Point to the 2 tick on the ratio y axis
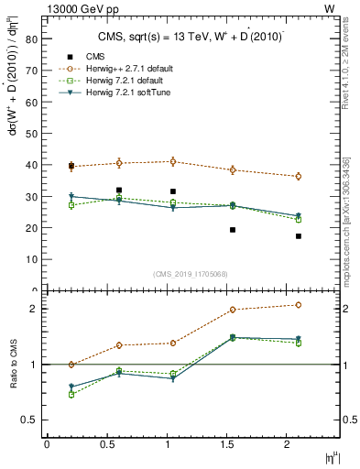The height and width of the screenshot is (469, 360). (35, 309)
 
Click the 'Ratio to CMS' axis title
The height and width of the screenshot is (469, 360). (14, 364)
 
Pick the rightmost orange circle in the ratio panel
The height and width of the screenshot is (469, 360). (299, 305)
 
